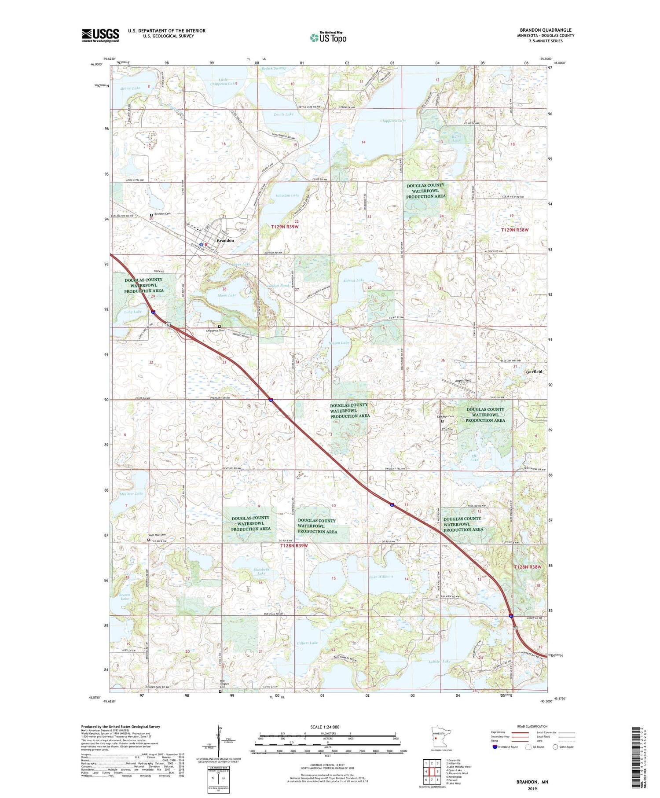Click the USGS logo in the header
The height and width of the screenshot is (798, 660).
coord(100,35)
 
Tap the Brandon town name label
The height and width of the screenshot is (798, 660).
coord(225,241)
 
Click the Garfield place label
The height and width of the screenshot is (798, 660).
coord(534,371)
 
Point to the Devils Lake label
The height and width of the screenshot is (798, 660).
coord(283,114)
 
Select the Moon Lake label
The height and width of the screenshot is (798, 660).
coord(227,295)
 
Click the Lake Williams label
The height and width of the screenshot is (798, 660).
coord(381,576)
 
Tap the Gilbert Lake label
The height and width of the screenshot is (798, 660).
coord(307,643)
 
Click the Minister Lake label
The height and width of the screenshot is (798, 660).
coord(131,494)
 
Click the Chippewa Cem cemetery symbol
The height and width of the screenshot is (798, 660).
coord(220,327)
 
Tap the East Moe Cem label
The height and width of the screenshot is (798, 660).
coord(445,416)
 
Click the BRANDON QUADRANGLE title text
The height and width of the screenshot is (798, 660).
coord(546,30)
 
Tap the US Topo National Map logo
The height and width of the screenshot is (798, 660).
coord(328,37)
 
